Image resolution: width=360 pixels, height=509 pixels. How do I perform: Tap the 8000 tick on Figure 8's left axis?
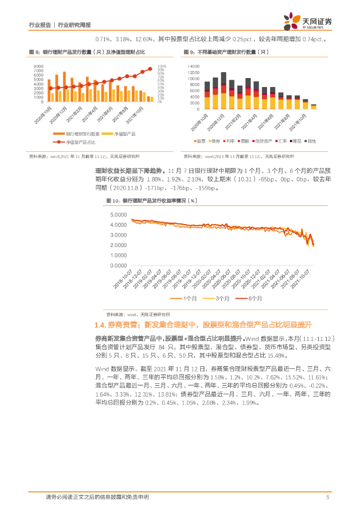[38, 66]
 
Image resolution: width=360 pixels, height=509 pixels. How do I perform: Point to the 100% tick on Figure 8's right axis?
[162, 66]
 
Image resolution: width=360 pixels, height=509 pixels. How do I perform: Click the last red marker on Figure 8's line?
[150, 69]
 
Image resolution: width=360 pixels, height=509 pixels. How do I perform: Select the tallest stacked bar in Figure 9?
[224, 90]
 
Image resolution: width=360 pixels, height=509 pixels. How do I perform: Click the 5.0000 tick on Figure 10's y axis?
[117, 215]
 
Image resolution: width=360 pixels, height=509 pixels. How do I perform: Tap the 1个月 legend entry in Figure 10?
[187, 298]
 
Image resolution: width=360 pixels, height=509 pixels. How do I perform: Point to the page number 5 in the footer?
[328, 497]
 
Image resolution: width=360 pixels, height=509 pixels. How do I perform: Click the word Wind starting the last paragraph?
[103, 369]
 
